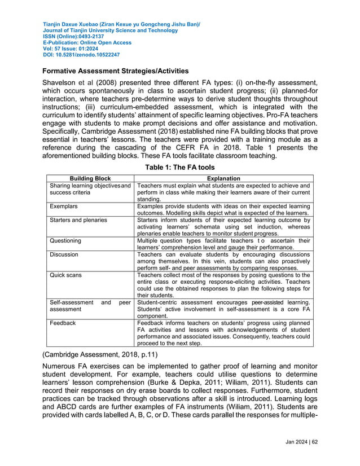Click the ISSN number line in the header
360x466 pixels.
[x=74, y=37]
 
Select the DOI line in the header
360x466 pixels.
[x=81, y=55]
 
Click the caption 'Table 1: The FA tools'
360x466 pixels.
[x=179, y=167]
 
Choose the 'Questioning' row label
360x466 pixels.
[x=65, y=240]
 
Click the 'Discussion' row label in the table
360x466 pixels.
[x=64, y=254]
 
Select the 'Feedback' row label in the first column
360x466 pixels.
[x=63, y=323]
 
